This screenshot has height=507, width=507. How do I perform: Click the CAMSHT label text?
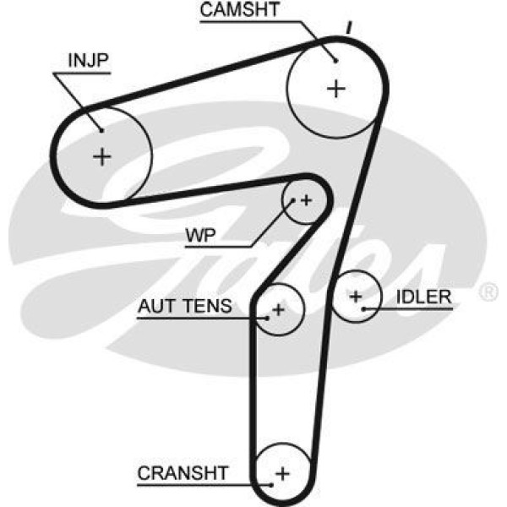coord(240,11)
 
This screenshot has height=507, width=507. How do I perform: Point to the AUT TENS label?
coord(184,306)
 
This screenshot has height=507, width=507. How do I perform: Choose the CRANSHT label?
coord(183,474)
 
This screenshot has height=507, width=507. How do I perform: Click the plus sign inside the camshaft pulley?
coord(336,88)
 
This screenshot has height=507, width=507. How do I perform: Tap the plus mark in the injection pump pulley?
coord(102,156)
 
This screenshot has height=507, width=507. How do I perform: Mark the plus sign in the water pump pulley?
coord(306,200)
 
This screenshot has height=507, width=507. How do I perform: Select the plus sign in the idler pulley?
coord(356,297)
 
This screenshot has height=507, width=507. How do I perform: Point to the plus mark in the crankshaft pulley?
coord(282,473)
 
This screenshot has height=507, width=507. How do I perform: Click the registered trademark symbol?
coord(488,292)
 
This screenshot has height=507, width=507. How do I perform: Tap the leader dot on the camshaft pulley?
coord(335,59)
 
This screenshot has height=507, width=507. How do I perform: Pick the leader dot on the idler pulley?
coord(363,309)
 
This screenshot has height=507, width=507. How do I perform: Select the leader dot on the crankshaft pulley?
coord(270,484)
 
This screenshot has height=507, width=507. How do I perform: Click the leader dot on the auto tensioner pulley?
coord(268,317)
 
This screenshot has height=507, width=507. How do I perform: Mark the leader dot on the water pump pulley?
coord(293,201)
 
